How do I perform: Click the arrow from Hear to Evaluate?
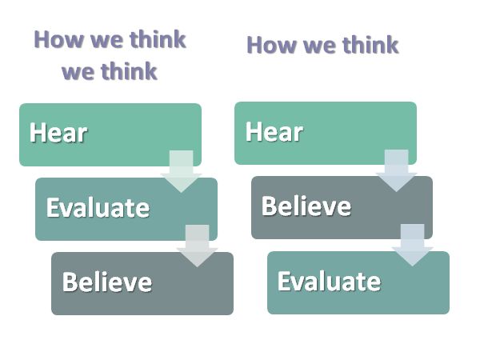click(x=181, y=171)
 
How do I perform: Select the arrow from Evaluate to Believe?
click(x=197, y=246)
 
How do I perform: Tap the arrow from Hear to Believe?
click(x=396, y=170)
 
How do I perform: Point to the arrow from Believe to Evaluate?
click(x=412, y=245)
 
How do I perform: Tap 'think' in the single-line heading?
click(x=370, y=45)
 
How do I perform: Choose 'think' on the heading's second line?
click(x=129, y=70)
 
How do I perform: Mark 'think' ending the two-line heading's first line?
click(x=158, y=39)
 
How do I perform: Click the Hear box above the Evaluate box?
click(x=110, y=134)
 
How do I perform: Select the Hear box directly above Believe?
click(x=326, y=133)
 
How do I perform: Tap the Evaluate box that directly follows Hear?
click(x=126, y=209)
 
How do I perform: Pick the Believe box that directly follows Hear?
click(x=342, y=207)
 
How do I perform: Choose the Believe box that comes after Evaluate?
click(x=142, y=283)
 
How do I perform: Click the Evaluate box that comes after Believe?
click(x=358, y=282)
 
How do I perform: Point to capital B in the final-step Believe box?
click(x=70, y=282)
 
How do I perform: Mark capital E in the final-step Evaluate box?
click(x=284, y=281)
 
